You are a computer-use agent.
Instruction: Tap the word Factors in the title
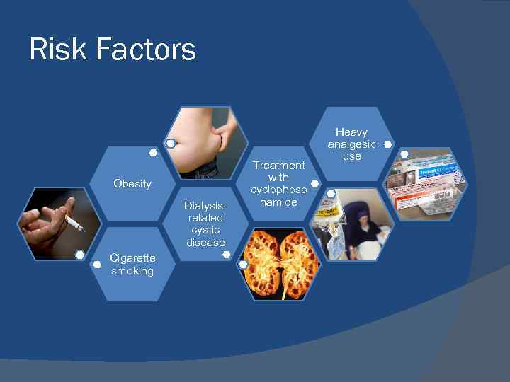pyautogui.click(x=146, y=50)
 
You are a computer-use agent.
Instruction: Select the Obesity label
pyautogui.click(x=132, y=184)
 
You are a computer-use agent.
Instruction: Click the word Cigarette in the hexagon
pyautogui.click(x=132, y=258)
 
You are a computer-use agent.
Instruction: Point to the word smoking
pyautogui.click(x=132, y=271)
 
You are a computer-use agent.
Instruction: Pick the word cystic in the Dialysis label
pyautogui.click(x=205, y=230)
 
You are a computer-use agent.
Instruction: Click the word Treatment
pyautogui.click(x=279, y=165)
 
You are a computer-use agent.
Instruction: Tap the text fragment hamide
pyautogui.click(x=279, y=202)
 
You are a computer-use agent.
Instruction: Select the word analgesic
pyautogui.click(x=352, y=144)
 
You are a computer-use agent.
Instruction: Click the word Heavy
pyautogui.click(x=352, y=132)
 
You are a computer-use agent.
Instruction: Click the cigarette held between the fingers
pyautogui.click(x=74, y=224)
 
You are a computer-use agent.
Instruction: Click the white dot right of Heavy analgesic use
pyautogui.click(x=387, y=144)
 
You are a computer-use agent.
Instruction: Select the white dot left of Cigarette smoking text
pyautogui.click(x=98, y=265)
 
